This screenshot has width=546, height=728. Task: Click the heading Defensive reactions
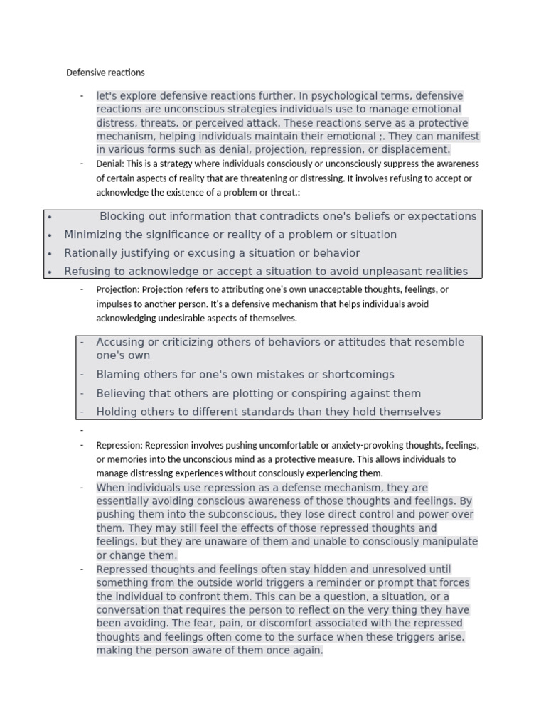click(105, 73)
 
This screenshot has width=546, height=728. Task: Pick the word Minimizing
click(92, 235)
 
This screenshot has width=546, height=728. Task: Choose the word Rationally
click(90, 253)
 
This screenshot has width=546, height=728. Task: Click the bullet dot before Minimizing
click(49, 235)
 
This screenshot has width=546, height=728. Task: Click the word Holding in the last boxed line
click(116, 412)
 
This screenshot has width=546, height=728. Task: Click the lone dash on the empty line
click(82, 431)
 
